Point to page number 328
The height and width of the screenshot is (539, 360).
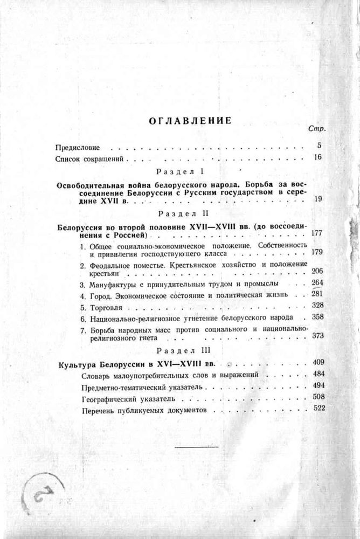click(x=316, y=306)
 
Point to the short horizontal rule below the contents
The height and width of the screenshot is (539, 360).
click(x=197, y=447)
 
